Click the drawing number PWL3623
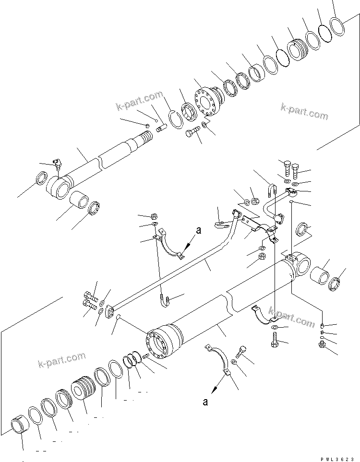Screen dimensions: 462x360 tap(334, 458)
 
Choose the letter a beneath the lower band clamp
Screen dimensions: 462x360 tap(205, 402)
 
